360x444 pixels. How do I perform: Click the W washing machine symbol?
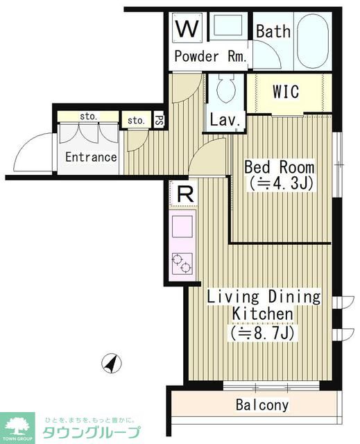[x=187, y=28]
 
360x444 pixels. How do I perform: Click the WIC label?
[x=286, y=91]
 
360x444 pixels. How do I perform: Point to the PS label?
[x=160, y=121]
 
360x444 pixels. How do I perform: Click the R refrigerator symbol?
[x=185, y=194]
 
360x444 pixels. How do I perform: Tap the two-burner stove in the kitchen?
[x=182, y=264]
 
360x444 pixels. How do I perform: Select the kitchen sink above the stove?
[x=182, y=227]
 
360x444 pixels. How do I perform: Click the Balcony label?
[x=262, y=405]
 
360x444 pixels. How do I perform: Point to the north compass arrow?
[x=112, y=363]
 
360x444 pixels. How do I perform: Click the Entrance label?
[x=91, y=157]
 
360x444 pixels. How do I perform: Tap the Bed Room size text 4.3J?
[x=281, y=184]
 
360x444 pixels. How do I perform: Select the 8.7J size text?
[x=262, y=333]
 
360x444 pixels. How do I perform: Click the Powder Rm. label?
[x=210, y=56]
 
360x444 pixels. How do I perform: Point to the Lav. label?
[x=225, y=121]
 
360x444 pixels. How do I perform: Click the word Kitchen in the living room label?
[x=262, y=314]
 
